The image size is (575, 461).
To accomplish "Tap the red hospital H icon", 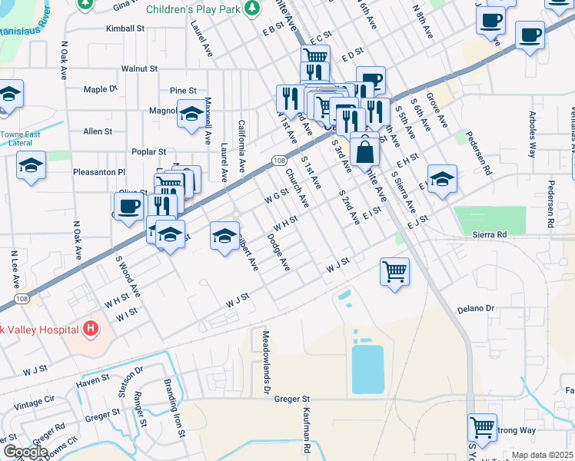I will click(x=91, y=330).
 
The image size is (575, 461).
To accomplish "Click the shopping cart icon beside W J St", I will click(x=394, y=270).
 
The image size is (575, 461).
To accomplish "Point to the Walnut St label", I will click(x=139, y=68).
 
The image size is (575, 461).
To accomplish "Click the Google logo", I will click(x=25, y=451).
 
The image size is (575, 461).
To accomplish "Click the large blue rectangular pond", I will click(x=367, y=369).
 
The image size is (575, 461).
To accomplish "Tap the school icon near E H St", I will click(x=441, y=179).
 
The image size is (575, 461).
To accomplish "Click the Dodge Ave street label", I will click(x=278, y=252).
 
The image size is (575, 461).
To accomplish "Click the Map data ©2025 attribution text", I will click(x=542, y=455).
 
